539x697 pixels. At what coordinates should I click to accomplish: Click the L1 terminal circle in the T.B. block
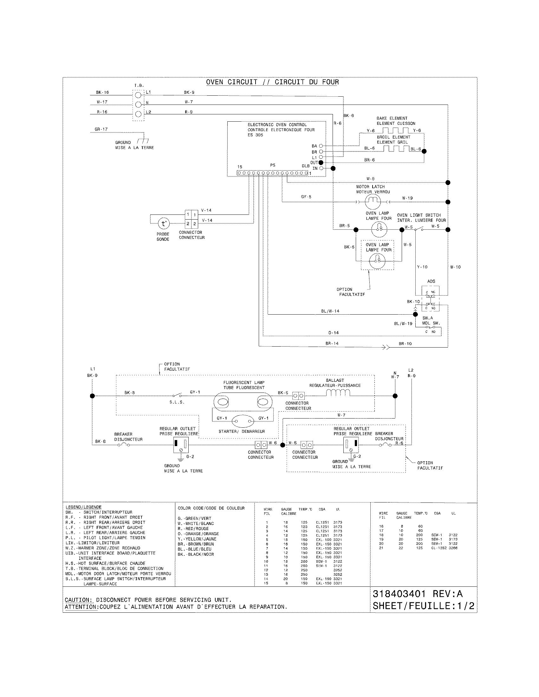click(x=138, y=95)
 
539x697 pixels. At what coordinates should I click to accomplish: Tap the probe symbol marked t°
click(x=164, y=224)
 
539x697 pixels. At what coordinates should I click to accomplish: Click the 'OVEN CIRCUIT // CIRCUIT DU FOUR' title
click(x=272, y=82)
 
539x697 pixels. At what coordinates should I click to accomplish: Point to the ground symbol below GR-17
click(x=143, y=141)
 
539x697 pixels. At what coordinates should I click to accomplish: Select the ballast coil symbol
click(x=338, y=393)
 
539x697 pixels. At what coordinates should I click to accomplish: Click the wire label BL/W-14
click(x=330, y=311)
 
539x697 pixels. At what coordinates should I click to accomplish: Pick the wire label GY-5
click(x=306, y=197)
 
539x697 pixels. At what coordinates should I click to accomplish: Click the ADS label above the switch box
click(x=431, y=281)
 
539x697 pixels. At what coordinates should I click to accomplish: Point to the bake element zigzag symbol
click(x=396, y=130)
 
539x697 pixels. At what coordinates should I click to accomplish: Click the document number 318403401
click(x=399, y=594)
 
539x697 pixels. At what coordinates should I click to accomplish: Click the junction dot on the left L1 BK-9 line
click(x=92, y=396)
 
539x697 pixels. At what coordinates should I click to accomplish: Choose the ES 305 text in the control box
click(x=255, y=135)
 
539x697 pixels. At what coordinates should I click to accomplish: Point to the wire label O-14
click(x=333, y=333)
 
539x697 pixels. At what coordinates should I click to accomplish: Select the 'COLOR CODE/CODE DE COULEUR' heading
click(x=211, y=508)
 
